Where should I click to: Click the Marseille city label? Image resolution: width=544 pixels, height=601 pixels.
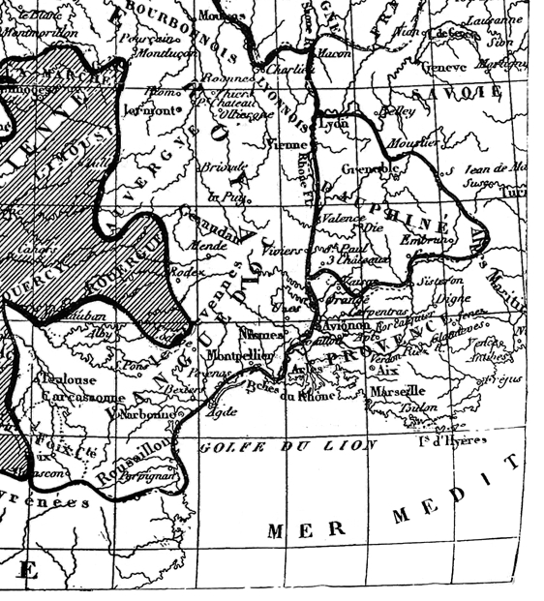pyautogui.click(x=398, y=390)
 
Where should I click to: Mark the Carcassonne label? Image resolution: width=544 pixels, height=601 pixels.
pyautogui.click(x=83, y=397)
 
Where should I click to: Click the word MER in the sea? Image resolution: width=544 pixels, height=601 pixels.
pyautogui.click(x=293, y=530)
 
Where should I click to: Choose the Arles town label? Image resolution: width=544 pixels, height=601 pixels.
pyautogui.click(x=303, y=372)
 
